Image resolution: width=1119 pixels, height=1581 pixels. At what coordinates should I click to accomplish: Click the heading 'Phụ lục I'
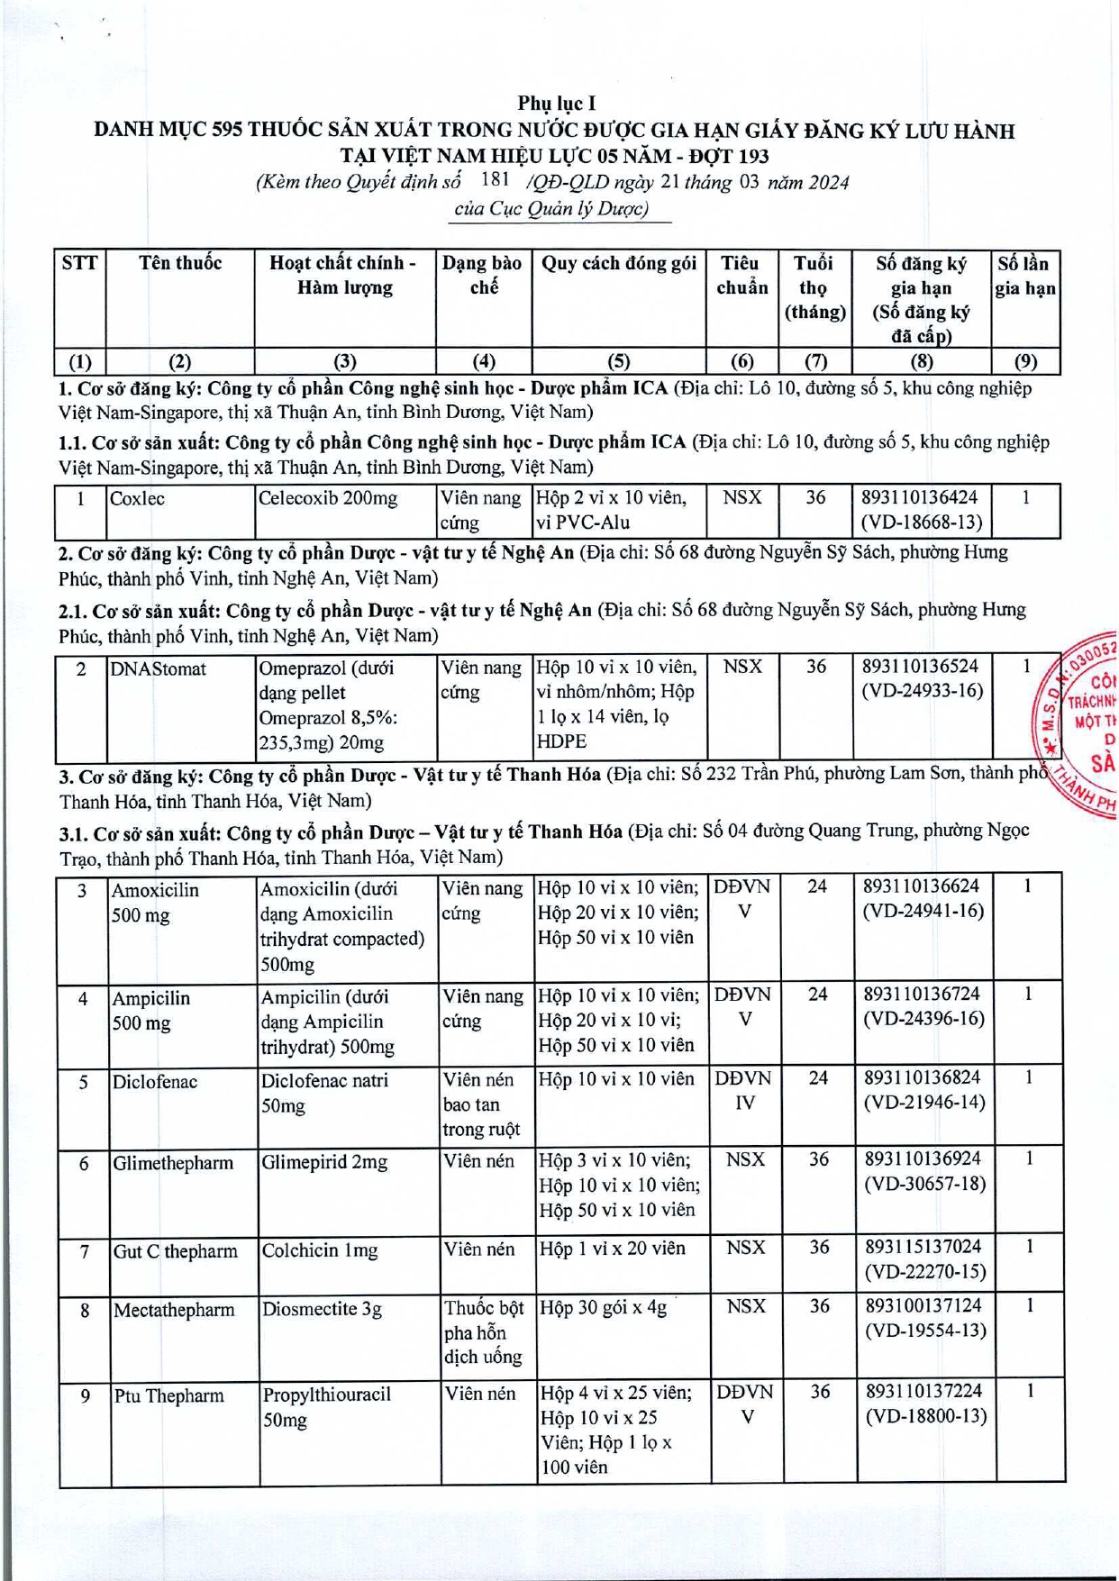(556, 104)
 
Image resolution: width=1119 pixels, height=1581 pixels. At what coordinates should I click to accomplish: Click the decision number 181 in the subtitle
(496, 179)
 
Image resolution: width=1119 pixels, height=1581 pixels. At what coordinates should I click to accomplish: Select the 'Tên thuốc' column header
(180, 264)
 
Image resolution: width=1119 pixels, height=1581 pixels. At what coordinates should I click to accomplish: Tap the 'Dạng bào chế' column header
(482, 276)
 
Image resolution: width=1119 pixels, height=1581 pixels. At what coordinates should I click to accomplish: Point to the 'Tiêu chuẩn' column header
(741, 276)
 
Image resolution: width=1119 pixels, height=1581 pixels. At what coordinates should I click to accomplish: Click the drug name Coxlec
(137, 499)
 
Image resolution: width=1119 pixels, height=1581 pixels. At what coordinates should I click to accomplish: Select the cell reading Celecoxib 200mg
(328, 498)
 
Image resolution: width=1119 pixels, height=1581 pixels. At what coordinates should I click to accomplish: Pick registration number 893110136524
(920, 667)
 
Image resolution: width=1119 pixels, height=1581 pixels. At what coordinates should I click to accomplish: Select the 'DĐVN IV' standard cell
(743, 1090)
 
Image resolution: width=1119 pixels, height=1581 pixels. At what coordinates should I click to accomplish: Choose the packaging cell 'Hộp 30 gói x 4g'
(603, 1307)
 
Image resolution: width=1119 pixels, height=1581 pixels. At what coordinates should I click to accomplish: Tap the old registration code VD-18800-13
(925, 1416)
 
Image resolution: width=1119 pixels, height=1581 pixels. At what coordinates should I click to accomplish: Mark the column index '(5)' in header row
(618, 362)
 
